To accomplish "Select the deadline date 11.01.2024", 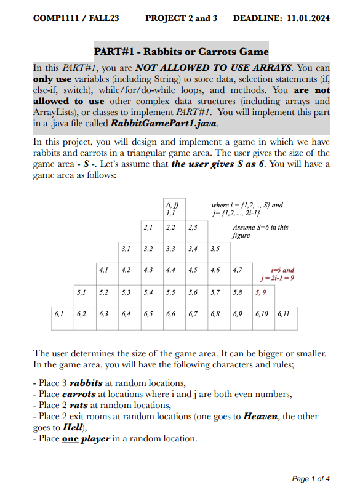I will (x=308, y=18).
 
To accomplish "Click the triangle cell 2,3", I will (x=193, y=228).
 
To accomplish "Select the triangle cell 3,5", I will (x=215, y=249).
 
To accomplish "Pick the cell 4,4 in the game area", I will (x=170, y=270).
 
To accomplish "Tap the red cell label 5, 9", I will (x=260, y=292).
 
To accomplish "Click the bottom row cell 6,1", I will (x=59, y=314).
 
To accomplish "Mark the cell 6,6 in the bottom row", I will (x=170, y=314).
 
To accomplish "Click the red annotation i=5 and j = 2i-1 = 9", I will (x=282, y=273).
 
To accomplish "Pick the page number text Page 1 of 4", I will (x=311, y=479).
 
